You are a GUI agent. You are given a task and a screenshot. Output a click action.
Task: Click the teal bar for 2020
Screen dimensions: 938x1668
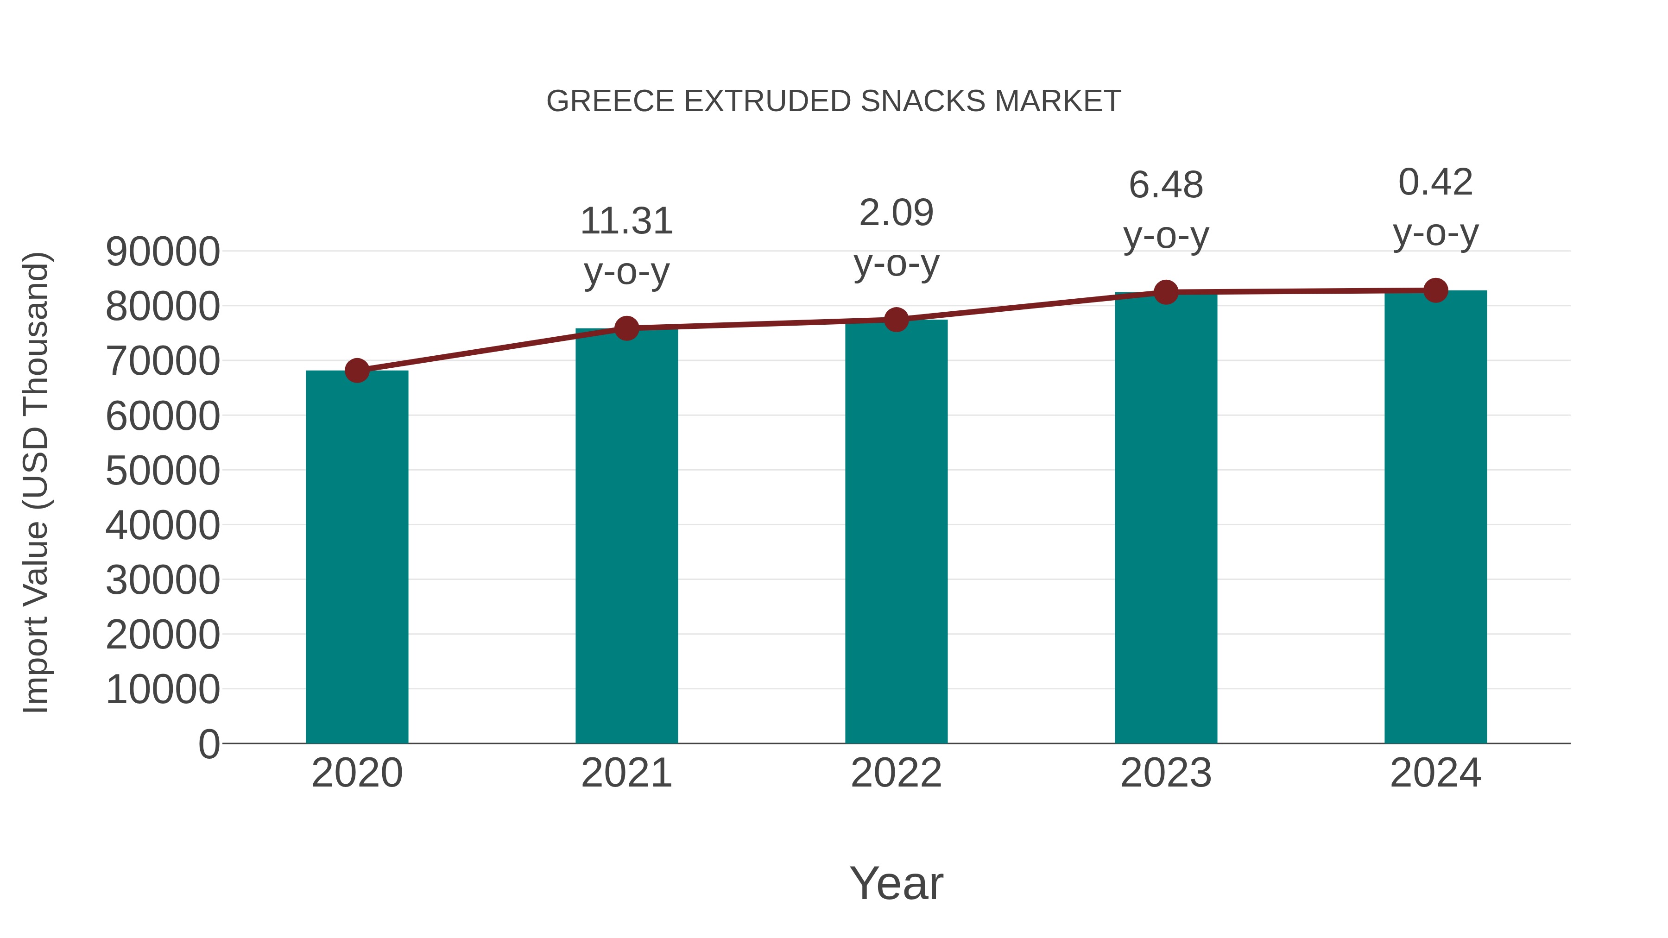tap(357, 557)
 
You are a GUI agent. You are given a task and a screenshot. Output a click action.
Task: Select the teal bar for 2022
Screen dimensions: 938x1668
tap(896, 531)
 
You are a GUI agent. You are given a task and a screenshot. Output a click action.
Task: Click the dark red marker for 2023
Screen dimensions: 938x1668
tap(1166, 293)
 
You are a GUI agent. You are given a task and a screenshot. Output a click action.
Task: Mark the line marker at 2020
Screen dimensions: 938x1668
tap(357, 371)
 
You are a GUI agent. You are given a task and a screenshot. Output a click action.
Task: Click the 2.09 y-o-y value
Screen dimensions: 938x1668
tap(896, 213)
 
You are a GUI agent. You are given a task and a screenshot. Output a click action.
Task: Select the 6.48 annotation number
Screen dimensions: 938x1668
tap(1166, 185)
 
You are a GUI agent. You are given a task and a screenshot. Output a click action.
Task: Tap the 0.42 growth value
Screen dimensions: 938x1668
tap(1435, 182)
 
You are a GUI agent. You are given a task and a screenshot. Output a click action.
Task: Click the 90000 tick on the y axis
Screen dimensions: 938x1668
tap(163, 252)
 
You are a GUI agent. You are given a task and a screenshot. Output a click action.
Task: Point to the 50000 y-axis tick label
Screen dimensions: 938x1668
tap(163, 471)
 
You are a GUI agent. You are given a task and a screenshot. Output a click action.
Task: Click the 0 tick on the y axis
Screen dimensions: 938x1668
tap(209, 744)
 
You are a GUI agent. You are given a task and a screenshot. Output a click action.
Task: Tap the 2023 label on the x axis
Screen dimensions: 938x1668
tap(1166, 773)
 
